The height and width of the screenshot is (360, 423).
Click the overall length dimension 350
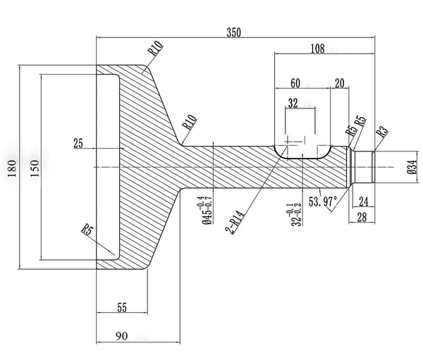click(235, 32)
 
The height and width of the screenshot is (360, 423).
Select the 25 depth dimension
click(78, 144)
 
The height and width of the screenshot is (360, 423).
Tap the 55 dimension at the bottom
click(121, 307)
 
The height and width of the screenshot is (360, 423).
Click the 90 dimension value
click(121, 337)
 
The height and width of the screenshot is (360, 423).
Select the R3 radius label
click(381, 131)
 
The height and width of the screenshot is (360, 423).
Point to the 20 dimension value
click(341, 83)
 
